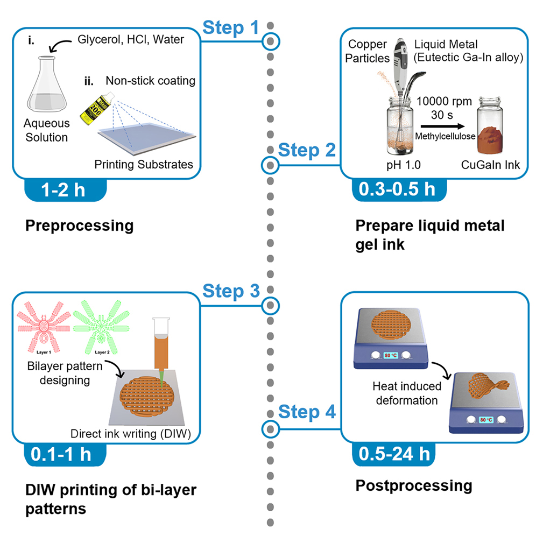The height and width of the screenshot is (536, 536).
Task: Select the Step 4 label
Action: (307, 413)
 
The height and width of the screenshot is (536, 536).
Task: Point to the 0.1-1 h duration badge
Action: (64, 454)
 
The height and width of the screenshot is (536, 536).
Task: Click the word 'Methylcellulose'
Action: (445, 136)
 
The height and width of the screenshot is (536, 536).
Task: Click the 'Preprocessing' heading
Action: (79, 225)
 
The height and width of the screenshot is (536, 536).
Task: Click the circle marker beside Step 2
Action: (270, 165)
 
